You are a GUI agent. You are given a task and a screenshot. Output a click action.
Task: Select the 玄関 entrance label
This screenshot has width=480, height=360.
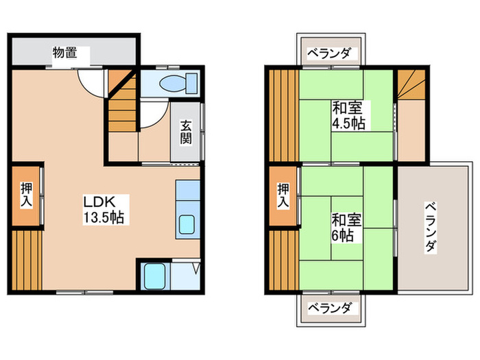tap(187, 132)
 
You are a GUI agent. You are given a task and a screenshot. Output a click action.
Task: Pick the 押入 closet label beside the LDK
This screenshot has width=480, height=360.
tap(25, 195)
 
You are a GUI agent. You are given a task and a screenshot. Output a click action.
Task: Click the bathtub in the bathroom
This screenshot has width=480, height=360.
tap(156, 276)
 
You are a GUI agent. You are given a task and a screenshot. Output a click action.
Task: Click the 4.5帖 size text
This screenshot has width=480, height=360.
tap(349, 123)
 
